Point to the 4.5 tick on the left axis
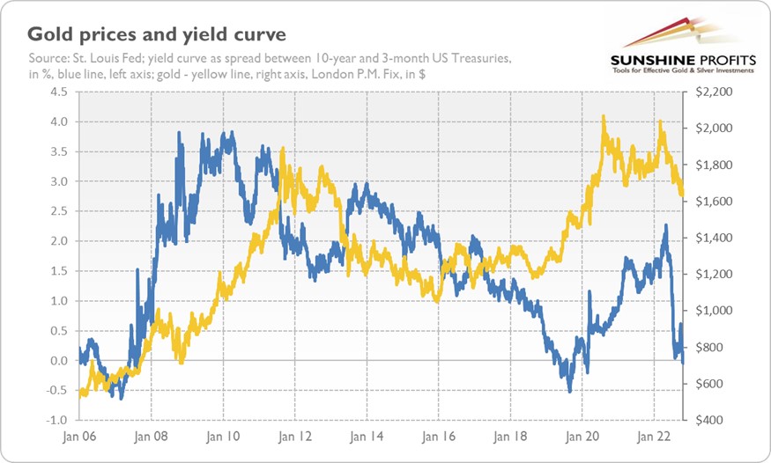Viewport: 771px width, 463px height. (57, 91)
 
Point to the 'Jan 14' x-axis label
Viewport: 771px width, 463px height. (366, 436)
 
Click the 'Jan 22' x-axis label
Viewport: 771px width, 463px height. (653, 436)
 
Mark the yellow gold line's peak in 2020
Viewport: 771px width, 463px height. (604, 116)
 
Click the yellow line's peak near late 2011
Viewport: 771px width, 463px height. (281, 149)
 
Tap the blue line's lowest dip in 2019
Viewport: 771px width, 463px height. (570, 391)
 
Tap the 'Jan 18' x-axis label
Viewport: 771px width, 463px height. (509, 436)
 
